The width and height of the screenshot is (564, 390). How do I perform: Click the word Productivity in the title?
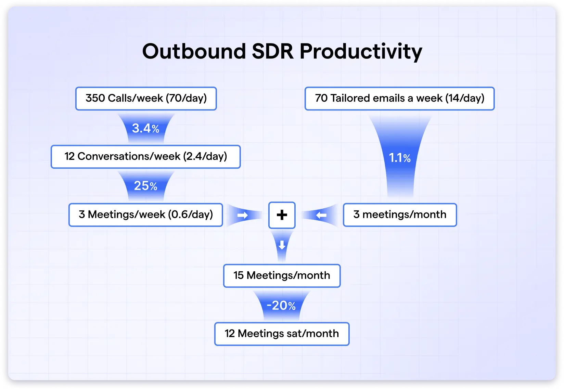[361, 52]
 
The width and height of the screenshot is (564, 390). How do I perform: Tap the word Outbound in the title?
[194, 52]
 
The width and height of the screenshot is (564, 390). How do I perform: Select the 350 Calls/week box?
[146, 99]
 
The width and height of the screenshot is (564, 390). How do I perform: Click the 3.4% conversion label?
[146, 128]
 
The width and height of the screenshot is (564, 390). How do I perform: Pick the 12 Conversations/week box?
[146, 157]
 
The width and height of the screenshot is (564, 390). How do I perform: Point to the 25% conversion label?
[146, 186]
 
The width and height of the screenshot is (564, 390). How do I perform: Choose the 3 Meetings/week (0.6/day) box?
[146, 215]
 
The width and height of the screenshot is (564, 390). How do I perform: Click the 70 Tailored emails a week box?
[399, 99]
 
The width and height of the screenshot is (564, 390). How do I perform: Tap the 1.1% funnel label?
[400, 158]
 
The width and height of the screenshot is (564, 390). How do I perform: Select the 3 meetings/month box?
[400, 215]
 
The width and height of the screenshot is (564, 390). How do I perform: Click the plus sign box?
[282, 215]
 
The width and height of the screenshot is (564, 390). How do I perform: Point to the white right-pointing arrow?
[243, 215]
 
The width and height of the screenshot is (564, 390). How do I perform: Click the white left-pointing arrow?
[321, 215]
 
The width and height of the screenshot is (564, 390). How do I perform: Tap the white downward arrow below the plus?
[282, 245]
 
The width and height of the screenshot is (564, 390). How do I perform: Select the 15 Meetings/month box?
[282, 276]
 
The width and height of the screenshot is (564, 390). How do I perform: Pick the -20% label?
[281, 305]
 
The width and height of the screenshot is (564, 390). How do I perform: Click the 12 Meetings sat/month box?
[282, 334]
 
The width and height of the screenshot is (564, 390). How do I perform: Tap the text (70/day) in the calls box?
[187, 99]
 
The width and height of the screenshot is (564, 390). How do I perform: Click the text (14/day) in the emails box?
[465, 99]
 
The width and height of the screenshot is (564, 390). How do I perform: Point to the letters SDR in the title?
[273, 52]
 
